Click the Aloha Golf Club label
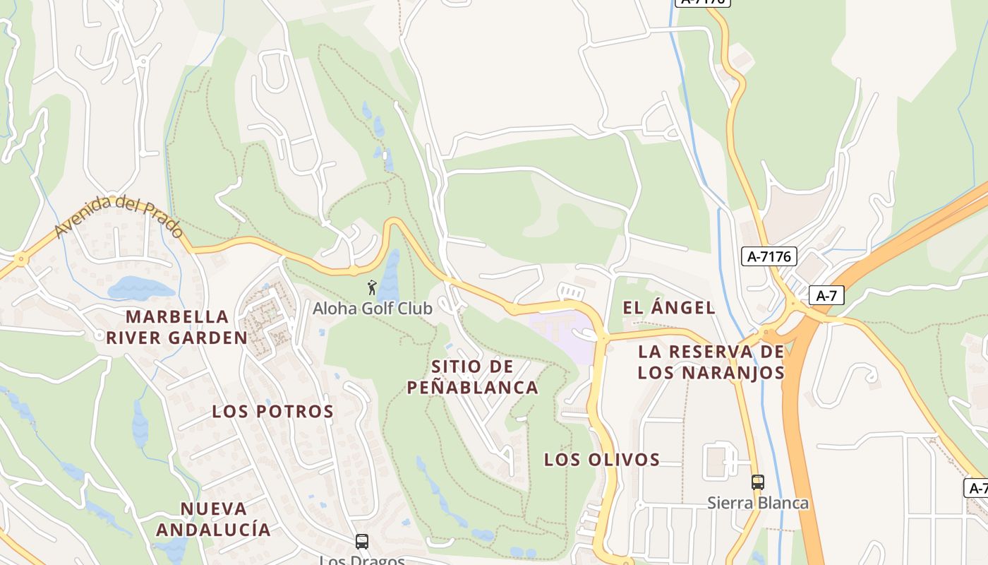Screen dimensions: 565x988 [372, 309]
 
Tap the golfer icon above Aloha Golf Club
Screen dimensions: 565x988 [372, 287]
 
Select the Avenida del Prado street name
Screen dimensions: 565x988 [119, 218]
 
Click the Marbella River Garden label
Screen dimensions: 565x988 [177, 327]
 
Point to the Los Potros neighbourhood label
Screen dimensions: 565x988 [273, 412]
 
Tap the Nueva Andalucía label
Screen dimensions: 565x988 [213, 519]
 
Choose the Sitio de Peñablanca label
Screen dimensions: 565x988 [472, 377]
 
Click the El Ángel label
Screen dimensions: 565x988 [669, 308]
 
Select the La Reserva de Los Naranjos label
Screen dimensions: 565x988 [711, 362]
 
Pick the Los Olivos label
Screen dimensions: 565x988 [602, 460]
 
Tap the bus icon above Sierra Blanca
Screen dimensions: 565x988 [757, 482]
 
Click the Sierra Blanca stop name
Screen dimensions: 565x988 [757, 503]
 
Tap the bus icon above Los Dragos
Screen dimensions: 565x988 [362, 542]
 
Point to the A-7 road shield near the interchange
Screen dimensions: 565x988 [826, 295]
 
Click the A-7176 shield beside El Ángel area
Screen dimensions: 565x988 [769, 256]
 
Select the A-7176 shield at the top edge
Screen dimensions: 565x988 [702, 2]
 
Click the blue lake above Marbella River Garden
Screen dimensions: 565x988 [140, 288]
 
